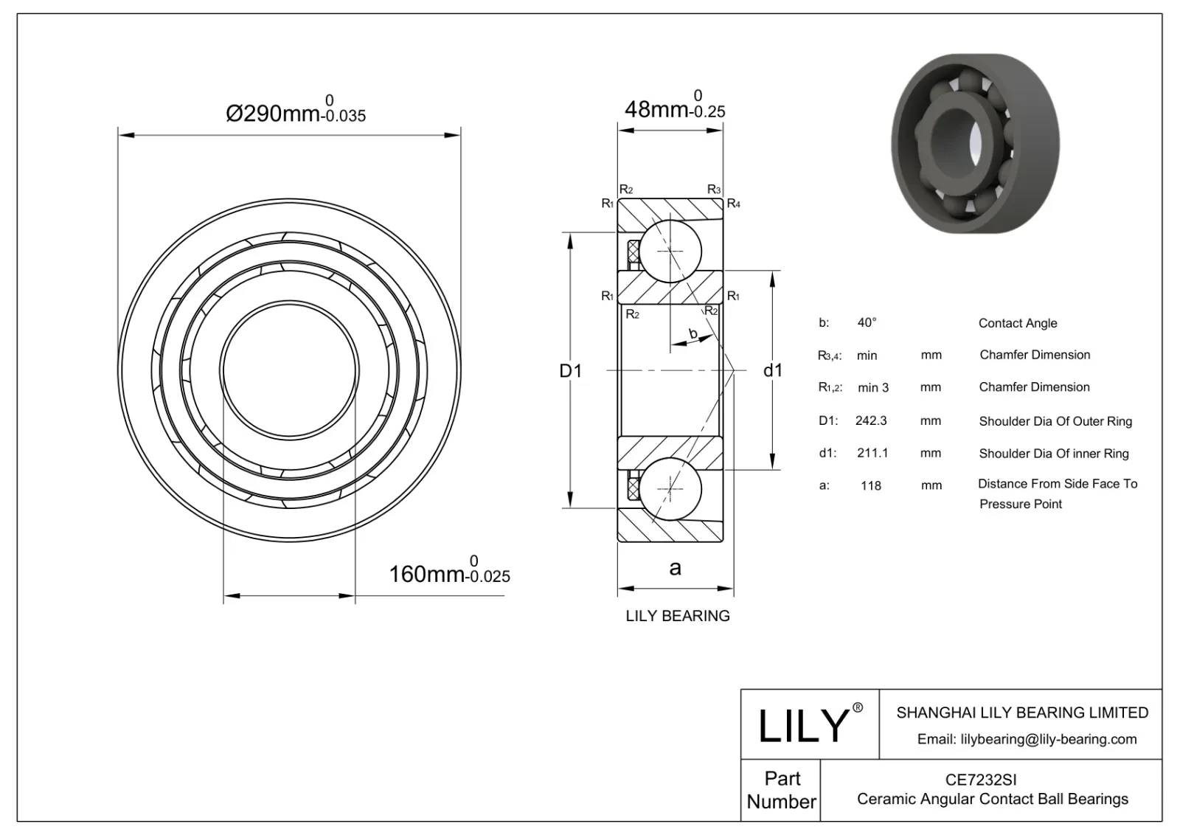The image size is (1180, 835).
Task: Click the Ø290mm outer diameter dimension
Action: [x=295, y=112]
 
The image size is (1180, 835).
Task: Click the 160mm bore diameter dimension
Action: [x=448, y=572]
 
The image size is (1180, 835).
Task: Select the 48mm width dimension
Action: [x=673, y=108]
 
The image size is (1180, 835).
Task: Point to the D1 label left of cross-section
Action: [x=570, y=370]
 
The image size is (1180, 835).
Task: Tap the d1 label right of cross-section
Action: [x=772, y=370]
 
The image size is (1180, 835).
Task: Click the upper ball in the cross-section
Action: [x=670, y=251]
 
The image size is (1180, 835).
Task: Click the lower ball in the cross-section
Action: [x=670, y=489]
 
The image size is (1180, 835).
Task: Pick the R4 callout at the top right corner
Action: [x=733, y=204]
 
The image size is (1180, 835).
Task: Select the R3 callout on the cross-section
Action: [x=713, y=190]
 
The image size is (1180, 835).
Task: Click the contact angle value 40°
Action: [x=867, y=322]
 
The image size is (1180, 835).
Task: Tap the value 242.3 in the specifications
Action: [x=871, y=420]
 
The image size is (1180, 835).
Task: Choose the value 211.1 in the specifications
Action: [x=872, y=453]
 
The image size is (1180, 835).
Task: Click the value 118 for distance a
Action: [x=871, y=485]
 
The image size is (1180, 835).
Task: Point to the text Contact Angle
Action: [x=1017, y=323]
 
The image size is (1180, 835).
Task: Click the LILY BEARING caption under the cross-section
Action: [x=677, y=616]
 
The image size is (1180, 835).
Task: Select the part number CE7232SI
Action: [x=981, y=779]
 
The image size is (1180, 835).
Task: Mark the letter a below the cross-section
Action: [x=675, y=567]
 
